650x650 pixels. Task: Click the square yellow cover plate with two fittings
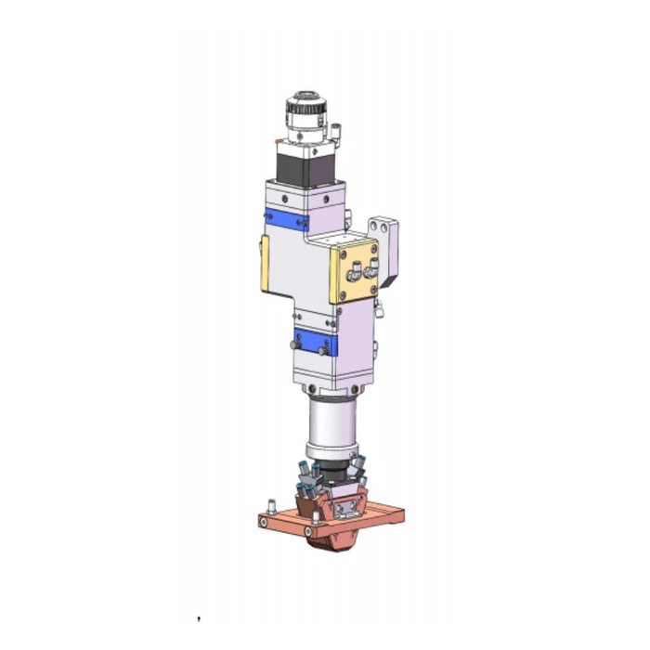pos(354,269)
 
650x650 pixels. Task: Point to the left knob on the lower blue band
pos(295,344)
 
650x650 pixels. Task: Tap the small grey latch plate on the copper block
pos(349,508)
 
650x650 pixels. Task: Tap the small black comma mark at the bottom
pos(199,617)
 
